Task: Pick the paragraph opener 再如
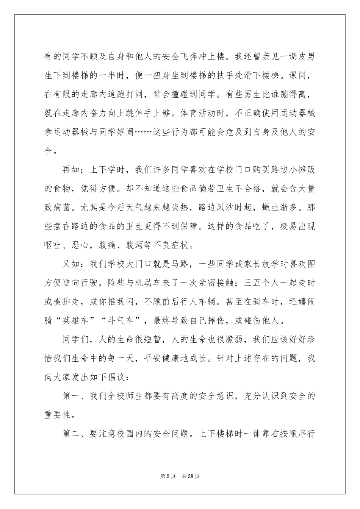pos(72,169)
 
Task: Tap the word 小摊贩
pos(297,169)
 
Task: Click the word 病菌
pos(63,207)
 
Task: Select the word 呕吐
pos(53,245)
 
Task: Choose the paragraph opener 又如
pos(72,264)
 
